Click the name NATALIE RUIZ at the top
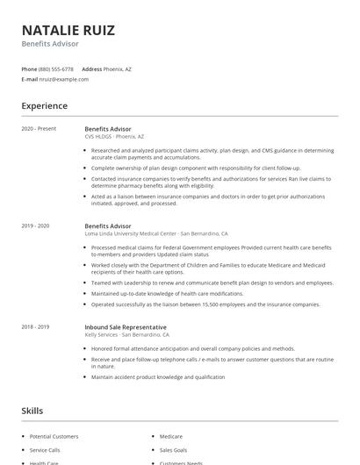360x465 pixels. coord(68,30)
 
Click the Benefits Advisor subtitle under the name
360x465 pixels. coord(50,44)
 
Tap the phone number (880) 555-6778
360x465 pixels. coord(56,68)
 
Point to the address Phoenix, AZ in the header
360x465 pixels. coord(118,68)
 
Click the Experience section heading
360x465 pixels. coord(45,106)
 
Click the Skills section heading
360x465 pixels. coord(32,411)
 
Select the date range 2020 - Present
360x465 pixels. coord(39,129)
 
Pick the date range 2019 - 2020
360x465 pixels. coord(36,226)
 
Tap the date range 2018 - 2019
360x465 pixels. coord(36,327)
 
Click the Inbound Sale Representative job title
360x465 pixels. coord(125,327)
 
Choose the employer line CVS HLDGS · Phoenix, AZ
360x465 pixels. coord(114,137)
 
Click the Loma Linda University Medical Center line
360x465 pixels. coord(155,234)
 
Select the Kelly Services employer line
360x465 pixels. coord(126,335)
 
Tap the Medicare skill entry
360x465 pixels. coord(171,436)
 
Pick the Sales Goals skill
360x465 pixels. coord(174,449)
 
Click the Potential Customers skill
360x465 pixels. coord(54,436)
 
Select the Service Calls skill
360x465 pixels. coord(45,449)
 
